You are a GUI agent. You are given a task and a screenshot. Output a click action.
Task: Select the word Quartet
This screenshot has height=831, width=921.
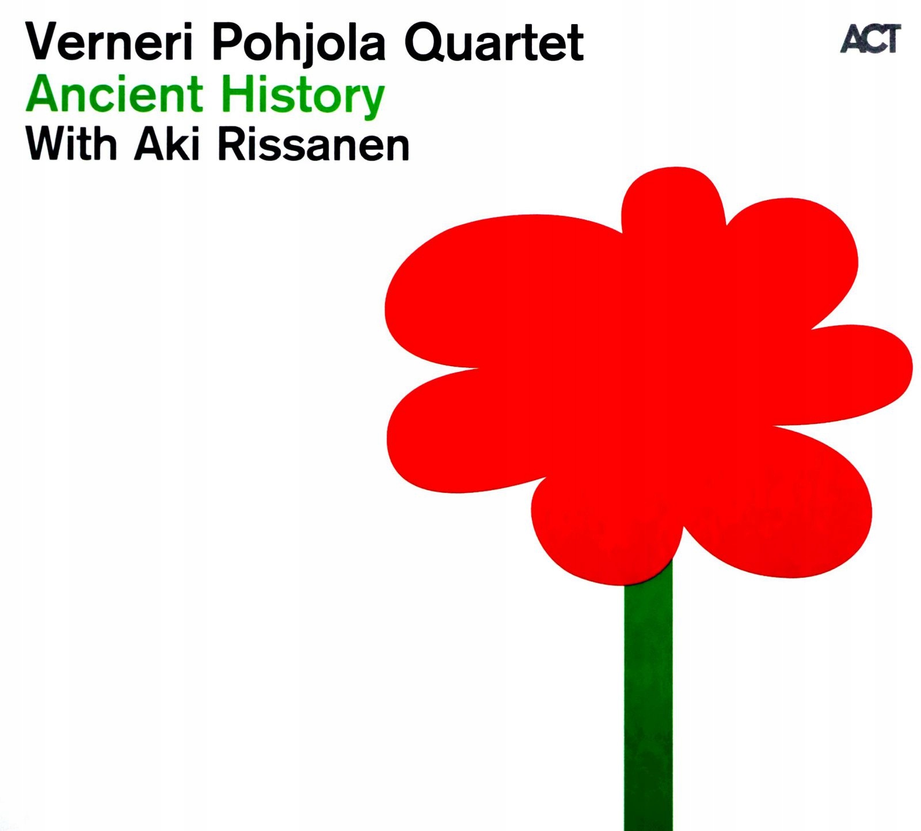tap(494, 44)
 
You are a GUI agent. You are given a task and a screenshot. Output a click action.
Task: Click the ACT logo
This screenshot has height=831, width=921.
tap(870, 39)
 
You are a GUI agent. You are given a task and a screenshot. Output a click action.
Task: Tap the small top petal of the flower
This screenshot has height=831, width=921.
tap(673, 202)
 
